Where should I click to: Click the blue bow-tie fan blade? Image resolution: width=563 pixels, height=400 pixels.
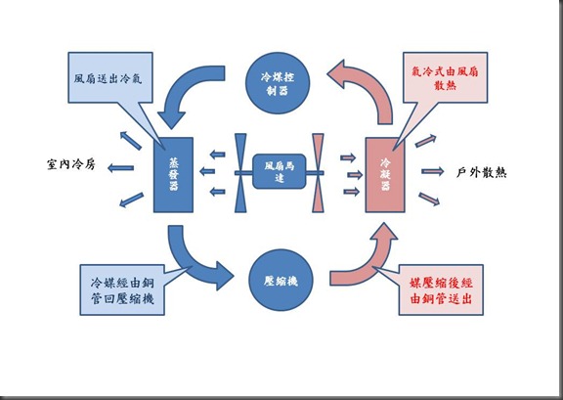coord(239,173)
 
